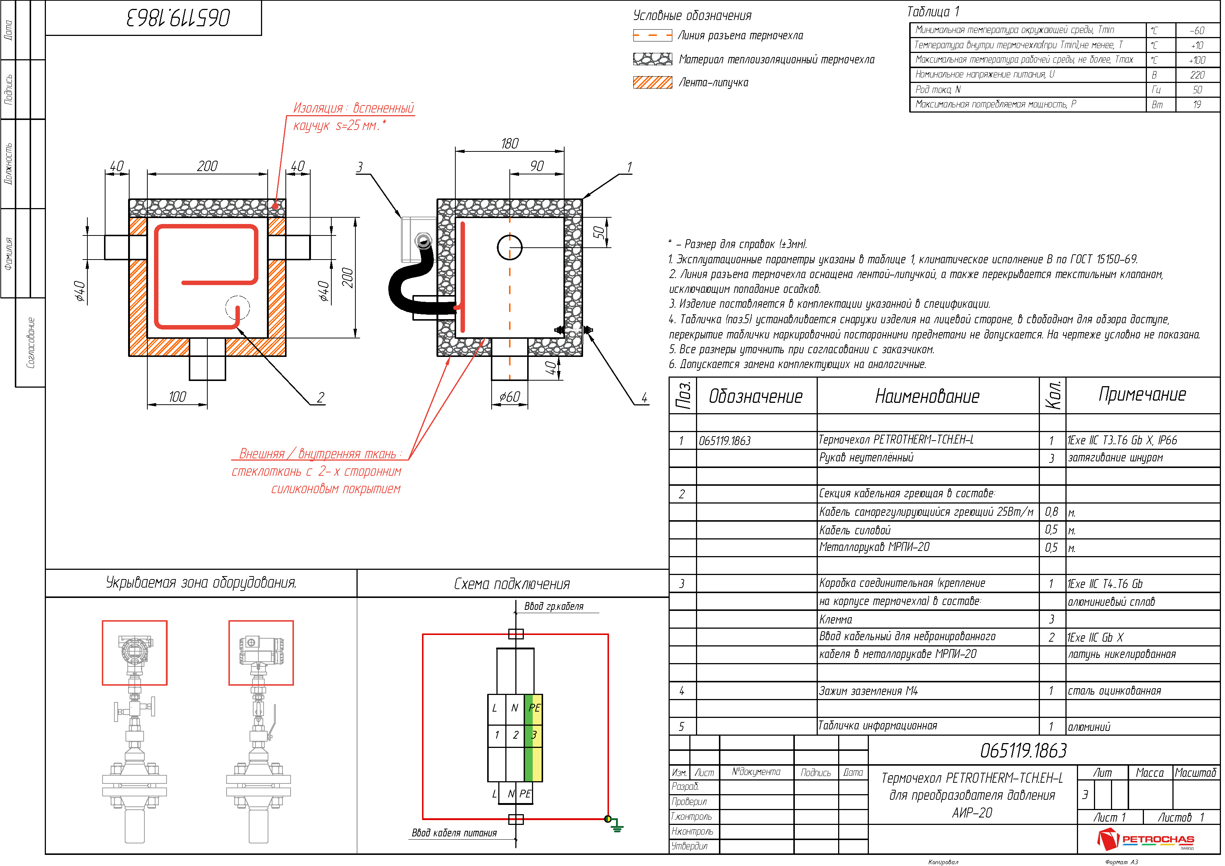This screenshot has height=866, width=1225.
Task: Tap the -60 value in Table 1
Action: tap(1198, 30)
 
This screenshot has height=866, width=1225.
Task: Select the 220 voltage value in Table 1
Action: tap(1198, 75)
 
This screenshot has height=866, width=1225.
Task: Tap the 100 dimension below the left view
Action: tap(178, 397)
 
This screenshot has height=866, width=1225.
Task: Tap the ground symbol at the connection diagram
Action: tap(617, 826)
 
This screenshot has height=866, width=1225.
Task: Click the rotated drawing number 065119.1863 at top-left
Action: tap(179, 18)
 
